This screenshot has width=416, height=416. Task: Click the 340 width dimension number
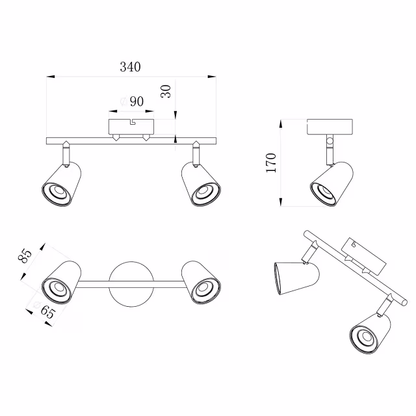tap(130, 67)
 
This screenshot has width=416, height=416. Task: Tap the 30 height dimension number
tap(166, 91)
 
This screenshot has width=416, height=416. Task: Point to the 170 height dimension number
tap(271, 162)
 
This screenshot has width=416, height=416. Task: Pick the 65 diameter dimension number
tap(46, 312)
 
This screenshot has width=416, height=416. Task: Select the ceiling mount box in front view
tap(131, 125)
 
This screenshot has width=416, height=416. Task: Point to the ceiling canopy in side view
tap(330, 126)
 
